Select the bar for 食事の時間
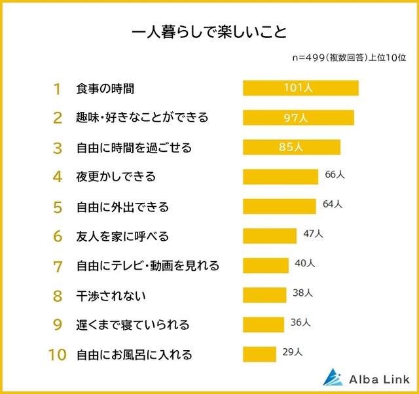(x=301, y=88)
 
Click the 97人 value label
(x=297, y=118)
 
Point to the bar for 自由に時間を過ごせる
(x=291, y=147)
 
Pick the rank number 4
(x=57, y=177)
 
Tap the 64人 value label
(x=333, y=204)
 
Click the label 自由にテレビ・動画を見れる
(x=147, y=265)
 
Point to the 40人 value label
(x=305, y=263)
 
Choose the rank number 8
(x=57, y=295)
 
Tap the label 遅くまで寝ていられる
(x=133, y=325)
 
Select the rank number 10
(x=57, y=355)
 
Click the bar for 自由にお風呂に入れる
(x=259, y=354)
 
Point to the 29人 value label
(x=293, y=352)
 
